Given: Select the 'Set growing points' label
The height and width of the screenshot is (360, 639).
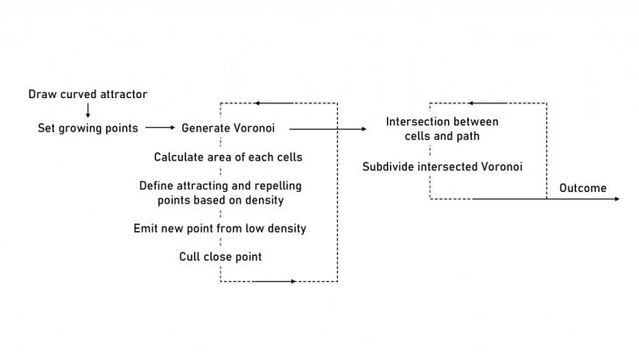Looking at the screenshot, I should pyautogui.click(x=88, y=128).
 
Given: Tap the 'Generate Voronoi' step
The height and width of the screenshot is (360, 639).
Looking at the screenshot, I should pyautogui.click(x=228, y=128).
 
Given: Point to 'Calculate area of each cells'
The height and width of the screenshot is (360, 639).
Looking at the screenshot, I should pyautogui.click(x=228, y=158).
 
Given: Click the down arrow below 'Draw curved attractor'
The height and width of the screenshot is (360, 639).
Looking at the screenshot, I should pyautogui.click(x=88, y=111).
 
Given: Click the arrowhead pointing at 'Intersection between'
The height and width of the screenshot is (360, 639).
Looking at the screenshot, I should pyautogui.click(x=363, y=129).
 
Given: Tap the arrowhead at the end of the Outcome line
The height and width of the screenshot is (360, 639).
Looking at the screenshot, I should pyautogui.click(x=618, y=199).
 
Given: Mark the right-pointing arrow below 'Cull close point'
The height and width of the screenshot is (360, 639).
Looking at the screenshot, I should pyautogui.click(x=291, y=282).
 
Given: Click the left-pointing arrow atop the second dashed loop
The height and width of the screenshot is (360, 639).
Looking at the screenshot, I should pyautogui.click(x=470, y=103).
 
